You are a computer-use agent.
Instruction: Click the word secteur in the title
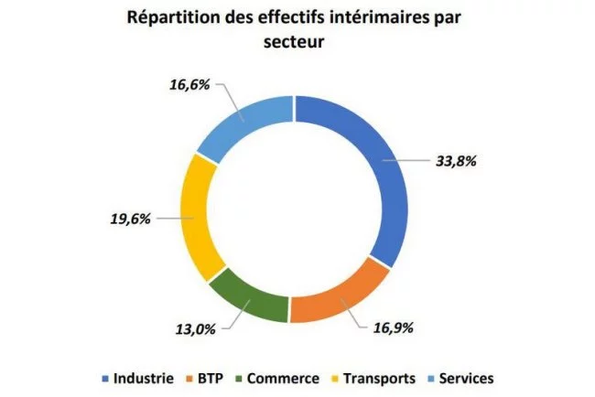coord(297,42)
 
